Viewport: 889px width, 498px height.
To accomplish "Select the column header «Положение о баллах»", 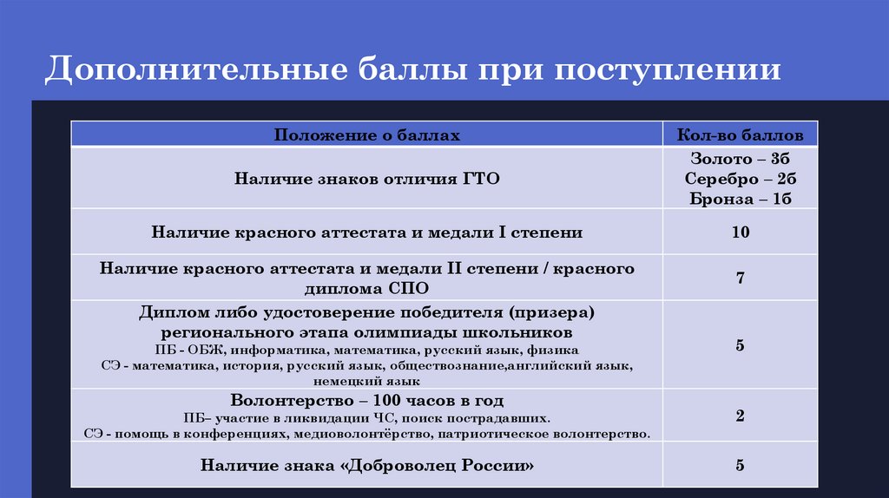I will (367, 135).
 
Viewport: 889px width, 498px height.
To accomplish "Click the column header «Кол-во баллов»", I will (740, 135).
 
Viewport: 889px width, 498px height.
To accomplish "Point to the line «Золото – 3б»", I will (740, 160).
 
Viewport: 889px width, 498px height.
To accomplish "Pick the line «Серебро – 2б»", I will (740, 179).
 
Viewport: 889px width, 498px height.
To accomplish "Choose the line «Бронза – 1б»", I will (740, 198).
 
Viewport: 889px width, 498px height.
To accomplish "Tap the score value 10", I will (740, 233).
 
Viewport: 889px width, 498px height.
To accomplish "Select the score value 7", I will (740, 278).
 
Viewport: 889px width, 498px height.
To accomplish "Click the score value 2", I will (740, 416).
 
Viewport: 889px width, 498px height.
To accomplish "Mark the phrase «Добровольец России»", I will (440, 465).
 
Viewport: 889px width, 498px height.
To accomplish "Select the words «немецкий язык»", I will (367, 381).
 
